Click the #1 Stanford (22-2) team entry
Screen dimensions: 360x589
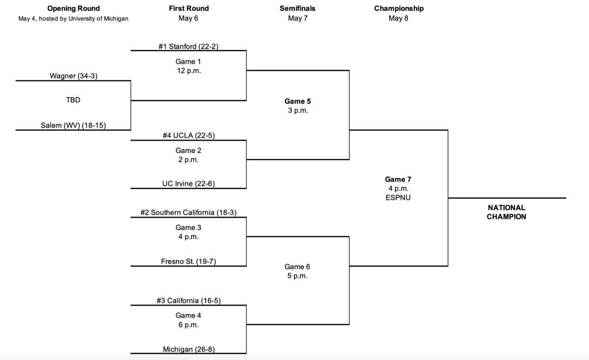tap(188, 47)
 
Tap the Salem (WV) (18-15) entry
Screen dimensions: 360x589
tap(73, 126)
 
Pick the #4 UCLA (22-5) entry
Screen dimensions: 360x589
tap(188, 136)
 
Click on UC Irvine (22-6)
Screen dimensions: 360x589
tap(188, 184)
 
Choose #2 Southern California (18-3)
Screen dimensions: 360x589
tap(188, 213)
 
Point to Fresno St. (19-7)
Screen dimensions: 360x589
tap(188, 261)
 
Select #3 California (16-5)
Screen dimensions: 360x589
tap(188, 301)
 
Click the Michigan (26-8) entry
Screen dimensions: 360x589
tap(188, 349)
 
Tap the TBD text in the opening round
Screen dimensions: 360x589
tap(73, 100)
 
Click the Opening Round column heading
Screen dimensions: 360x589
tap(73, 8)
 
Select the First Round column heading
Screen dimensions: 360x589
tap(188, 8)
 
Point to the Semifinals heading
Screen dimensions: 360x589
tap(297, 8)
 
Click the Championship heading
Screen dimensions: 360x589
tap(399, 8)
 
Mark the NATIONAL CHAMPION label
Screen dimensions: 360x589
tap(506, 212)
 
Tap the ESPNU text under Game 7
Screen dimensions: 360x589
tap(398, 197)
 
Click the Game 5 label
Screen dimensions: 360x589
tap(297, 101)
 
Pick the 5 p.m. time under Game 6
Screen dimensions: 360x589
tap(297, 276)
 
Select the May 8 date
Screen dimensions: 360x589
tap(398, 19)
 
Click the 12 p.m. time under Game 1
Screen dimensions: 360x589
tap(188, 71)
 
